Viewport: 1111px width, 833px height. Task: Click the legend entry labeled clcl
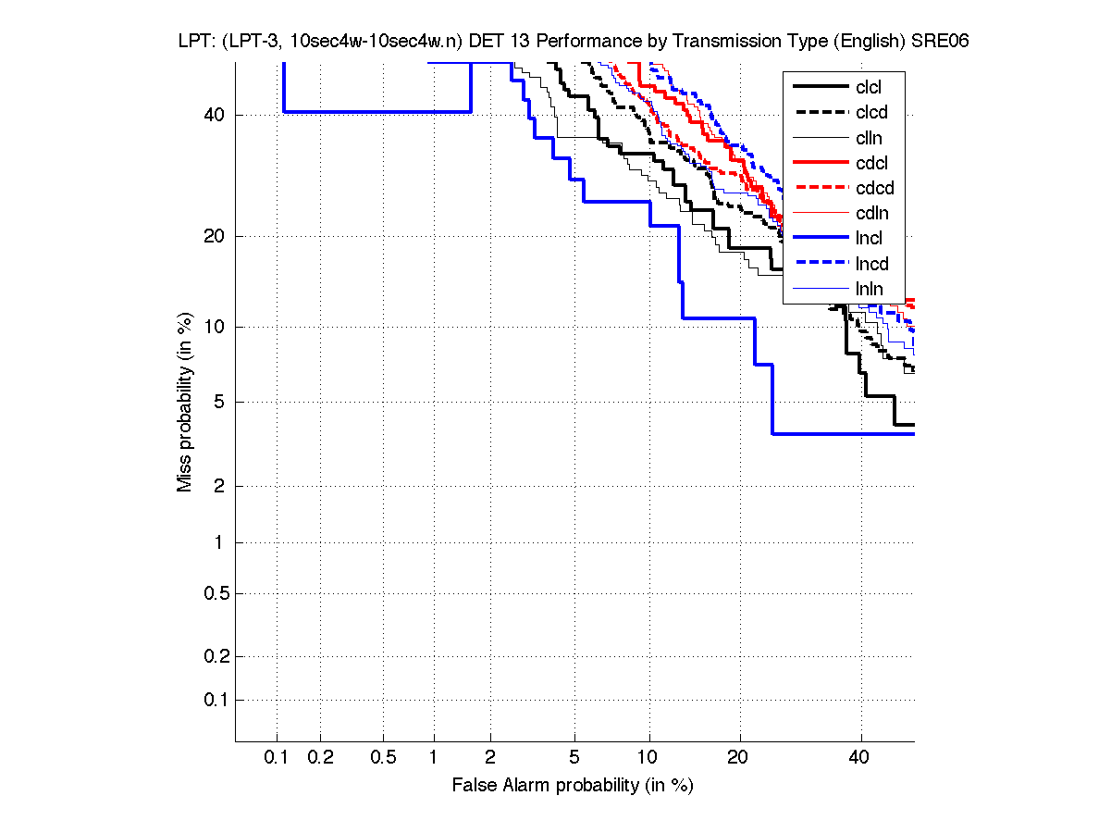869,87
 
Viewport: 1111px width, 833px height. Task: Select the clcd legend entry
870,113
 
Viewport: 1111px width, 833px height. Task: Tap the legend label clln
869,138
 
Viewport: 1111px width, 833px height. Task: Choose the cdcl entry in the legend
870,163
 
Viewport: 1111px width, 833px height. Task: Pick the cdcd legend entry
872,188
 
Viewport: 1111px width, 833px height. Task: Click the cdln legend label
870,214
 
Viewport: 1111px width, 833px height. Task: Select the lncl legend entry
869,239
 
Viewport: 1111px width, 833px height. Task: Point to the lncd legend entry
870,264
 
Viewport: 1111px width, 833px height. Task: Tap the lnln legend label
869,289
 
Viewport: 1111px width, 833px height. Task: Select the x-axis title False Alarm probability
573,786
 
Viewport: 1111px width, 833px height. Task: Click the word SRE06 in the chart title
938,42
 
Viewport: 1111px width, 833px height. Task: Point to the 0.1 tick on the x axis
277,758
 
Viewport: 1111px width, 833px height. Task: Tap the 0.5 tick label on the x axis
383,758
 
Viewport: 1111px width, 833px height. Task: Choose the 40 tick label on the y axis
213,115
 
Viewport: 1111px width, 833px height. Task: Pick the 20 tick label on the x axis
737,758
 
